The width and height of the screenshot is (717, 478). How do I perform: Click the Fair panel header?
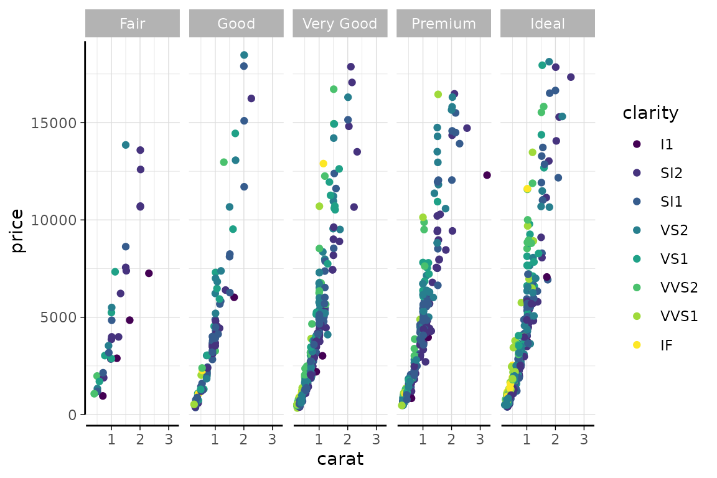pyautogui.click(x=133, y=24)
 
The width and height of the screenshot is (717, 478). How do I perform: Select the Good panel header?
pyautogui.click(x=236, y=24)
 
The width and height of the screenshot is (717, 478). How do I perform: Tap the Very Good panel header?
pyautogui.click(x=340, y=24)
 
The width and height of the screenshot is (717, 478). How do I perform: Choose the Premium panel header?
pyautogui.click(x=444, y=24)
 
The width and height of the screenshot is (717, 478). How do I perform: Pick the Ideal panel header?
pyautogui.click(x=548, y=24)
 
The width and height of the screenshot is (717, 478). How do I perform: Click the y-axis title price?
pyautogui.click(x=17, y=231)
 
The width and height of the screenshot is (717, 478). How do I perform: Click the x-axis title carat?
pyautogui.click(x=340, y=459)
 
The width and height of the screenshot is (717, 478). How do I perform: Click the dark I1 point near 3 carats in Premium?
pyautogui.click(x=487, y=176)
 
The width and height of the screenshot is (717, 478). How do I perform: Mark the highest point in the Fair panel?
pyautogui.click(x=126, y=145)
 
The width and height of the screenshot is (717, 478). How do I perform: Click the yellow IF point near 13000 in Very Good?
pyautogui.click(x=323, y=164)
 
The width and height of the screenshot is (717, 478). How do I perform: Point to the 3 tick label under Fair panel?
pyautogui.click(x=169, y=439)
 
